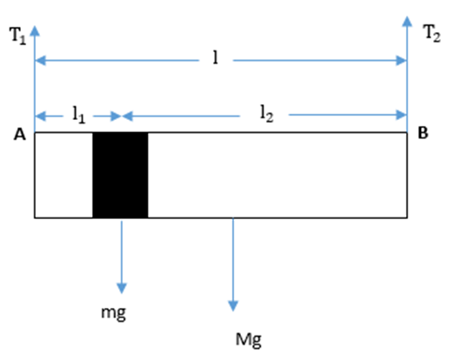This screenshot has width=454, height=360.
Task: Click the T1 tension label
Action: point(18,36)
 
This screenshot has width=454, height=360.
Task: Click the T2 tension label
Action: point(432,33)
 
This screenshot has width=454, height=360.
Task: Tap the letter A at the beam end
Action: point(20,135)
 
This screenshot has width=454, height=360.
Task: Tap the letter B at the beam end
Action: point(423,133)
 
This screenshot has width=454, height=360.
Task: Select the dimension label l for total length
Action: point(215,57)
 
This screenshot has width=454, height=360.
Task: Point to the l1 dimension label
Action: point(78,115)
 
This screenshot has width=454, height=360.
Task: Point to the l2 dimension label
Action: point(266,113)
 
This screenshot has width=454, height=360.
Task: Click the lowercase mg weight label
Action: point(113,313)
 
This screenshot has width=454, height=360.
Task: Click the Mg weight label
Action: point(249,340)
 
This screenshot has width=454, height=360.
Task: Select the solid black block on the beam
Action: point(120,175)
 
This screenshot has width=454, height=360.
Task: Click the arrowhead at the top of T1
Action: point(35,31)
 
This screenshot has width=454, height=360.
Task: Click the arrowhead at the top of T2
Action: point(407,22)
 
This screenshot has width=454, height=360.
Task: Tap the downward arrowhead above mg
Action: point(122,289)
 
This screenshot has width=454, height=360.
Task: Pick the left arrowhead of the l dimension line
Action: point(40,61)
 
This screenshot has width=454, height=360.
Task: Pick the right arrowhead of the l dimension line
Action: point(402,61)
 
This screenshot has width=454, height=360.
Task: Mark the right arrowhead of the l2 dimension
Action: point(402,115)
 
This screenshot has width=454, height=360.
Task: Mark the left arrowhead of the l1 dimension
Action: point(40,117)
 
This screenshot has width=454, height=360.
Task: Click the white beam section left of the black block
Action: point(63,175)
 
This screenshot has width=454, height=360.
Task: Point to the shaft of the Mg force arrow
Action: point(233,260)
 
